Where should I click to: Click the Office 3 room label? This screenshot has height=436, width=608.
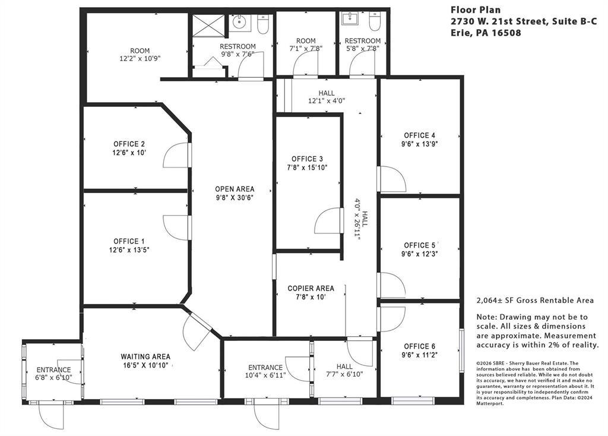coord(307,159)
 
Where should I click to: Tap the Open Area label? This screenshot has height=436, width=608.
coord(235,189)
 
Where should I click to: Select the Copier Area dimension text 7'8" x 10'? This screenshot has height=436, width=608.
coord(311,297)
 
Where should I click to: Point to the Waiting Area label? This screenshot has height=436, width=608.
coord(145,356)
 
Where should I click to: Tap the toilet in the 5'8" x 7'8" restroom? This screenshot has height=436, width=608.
coord(375,21)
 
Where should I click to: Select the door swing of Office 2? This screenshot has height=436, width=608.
coord(177,155)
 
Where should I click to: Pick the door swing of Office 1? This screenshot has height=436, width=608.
coord(177,228)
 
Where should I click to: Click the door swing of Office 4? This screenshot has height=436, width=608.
coord(392,179)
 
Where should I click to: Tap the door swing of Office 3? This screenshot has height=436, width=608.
coord(328,221)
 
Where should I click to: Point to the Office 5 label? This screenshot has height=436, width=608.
coord(420,245)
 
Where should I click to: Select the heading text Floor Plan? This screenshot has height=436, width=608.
coord(476,10)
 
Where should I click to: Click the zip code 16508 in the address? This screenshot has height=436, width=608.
coord(506,33)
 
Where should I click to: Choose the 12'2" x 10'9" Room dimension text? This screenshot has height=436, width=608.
coord(140,59)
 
